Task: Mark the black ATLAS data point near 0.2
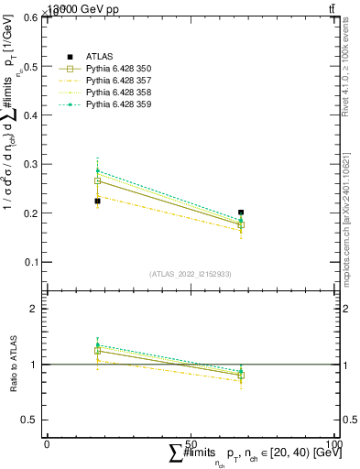[241, 213]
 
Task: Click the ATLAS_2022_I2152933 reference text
[190, 274]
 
